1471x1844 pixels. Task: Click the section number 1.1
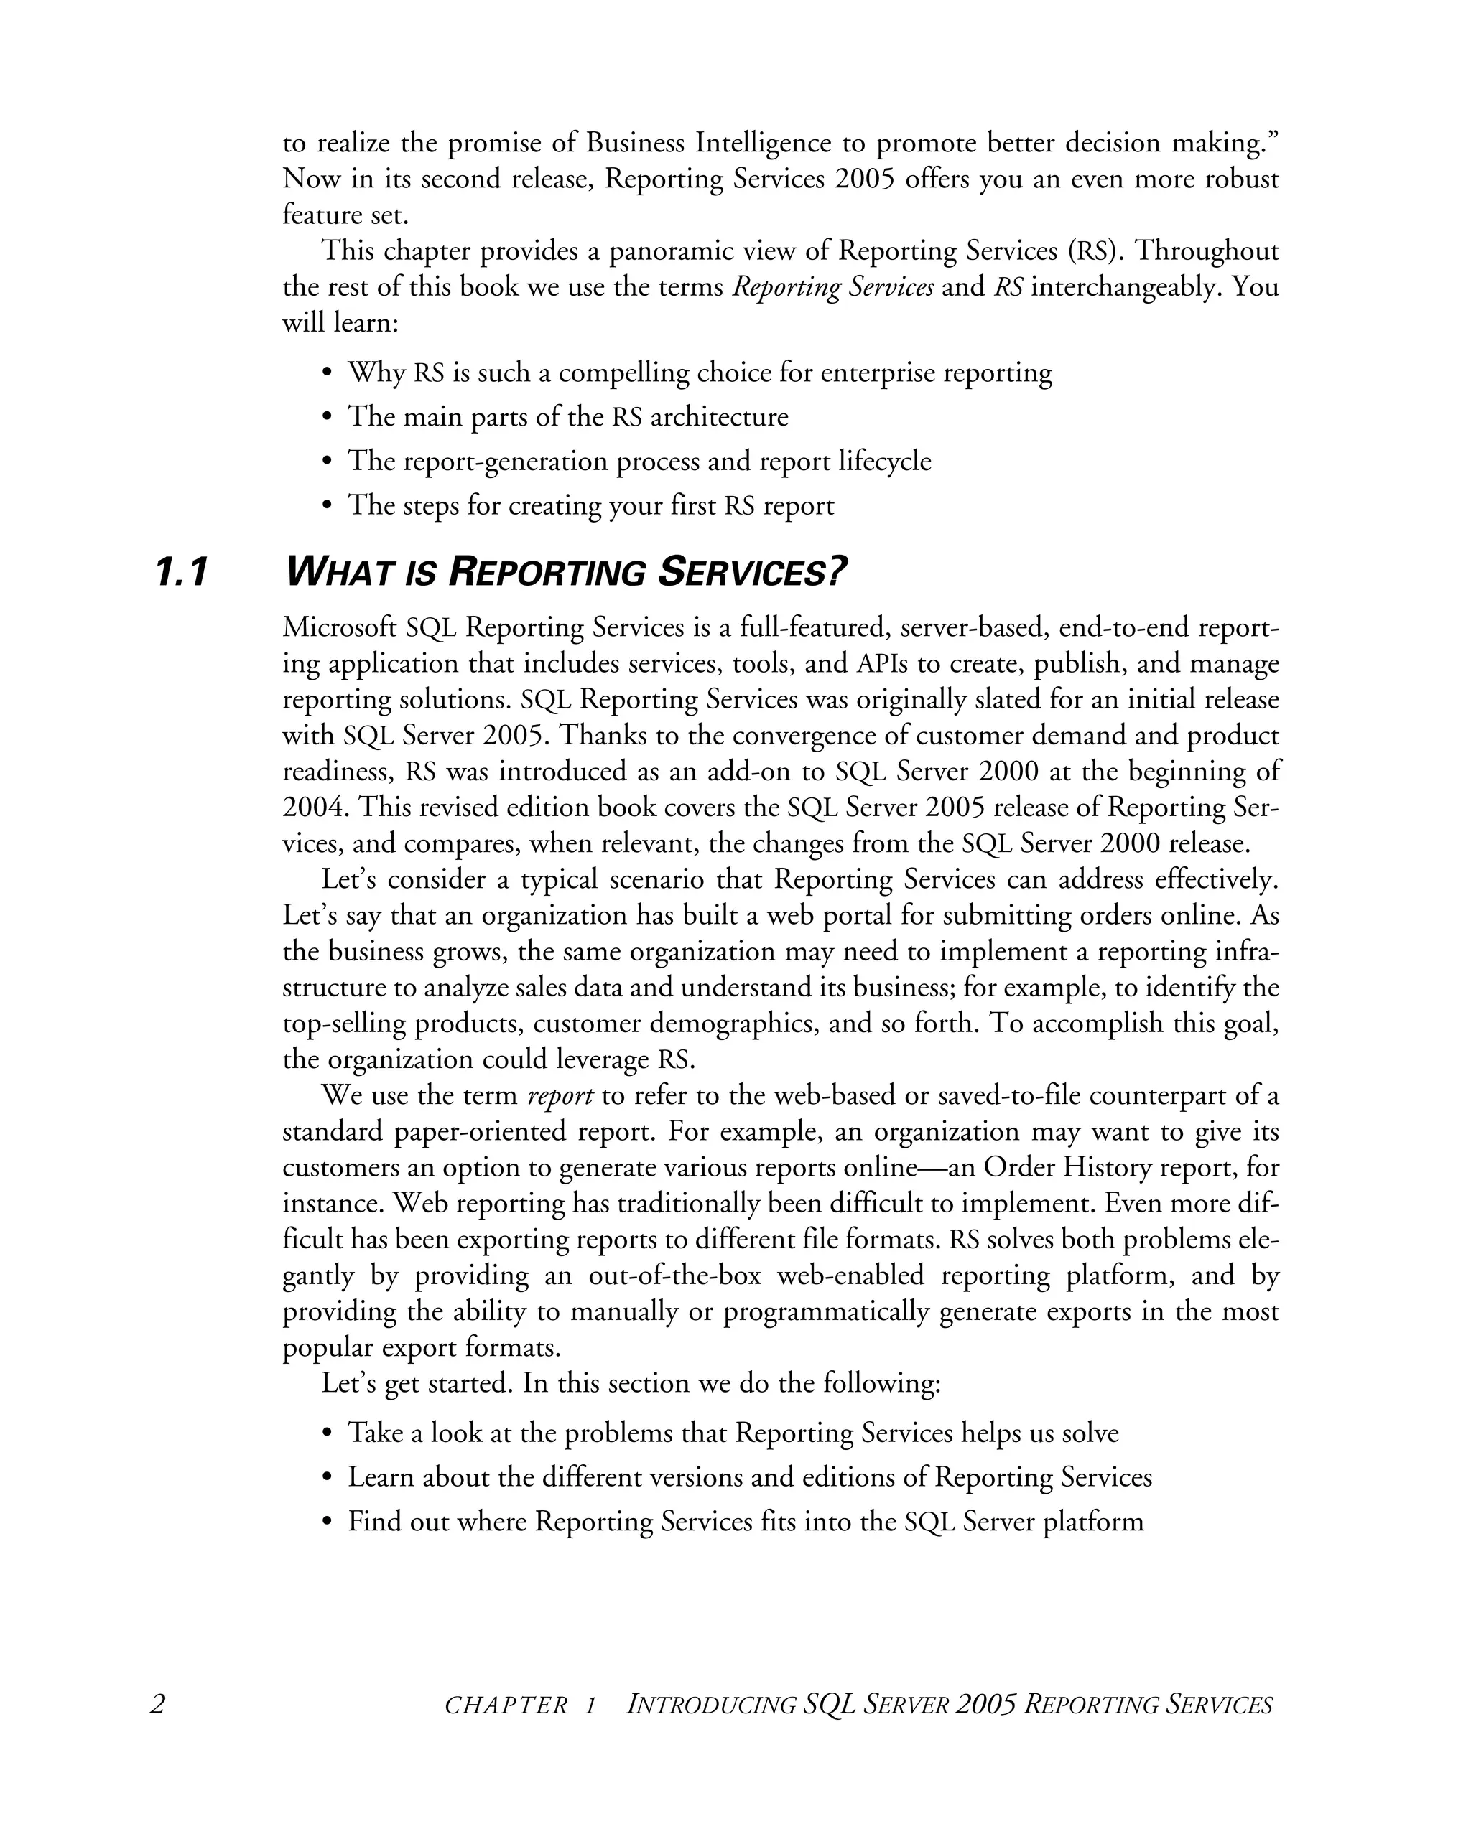tap(182, 572)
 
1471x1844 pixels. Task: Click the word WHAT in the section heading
tap(339, 572)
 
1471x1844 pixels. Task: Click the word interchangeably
tap(1128, 286)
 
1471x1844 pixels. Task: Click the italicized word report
tap(560, 1095)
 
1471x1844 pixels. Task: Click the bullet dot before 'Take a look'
tap(326, 1433)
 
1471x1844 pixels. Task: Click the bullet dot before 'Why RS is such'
tap(326, 374)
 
